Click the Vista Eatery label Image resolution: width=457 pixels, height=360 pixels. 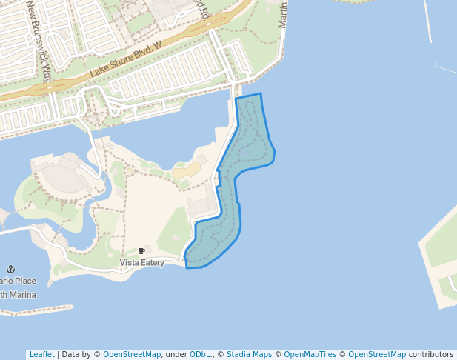pos(141,263)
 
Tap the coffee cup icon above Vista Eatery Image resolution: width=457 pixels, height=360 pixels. pos(141,252)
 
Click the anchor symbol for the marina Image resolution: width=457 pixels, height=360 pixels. pos(11,269)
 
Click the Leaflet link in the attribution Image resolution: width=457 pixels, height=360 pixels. pos(41,354)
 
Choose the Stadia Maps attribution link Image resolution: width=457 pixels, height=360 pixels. pos(249,354)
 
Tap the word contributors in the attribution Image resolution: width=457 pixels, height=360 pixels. pos(431,354)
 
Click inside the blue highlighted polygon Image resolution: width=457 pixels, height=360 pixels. pos(248,141)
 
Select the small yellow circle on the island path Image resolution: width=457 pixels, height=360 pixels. pos(130,171)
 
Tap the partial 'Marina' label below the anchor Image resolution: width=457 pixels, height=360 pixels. pos(16,295)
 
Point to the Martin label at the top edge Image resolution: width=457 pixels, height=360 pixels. pos(282,15)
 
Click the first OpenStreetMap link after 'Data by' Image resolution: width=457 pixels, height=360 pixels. pos(132,354)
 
